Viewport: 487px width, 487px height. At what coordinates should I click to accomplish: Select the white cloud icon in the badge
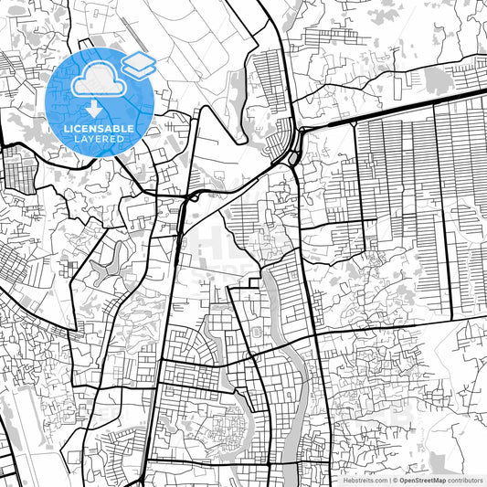(98, 82)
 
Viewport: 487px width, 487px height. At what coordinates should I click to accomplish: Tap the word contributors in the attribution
(466, 480)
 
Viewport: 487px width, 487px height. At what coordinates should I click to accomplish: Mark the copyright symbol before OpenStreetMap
(395, 480)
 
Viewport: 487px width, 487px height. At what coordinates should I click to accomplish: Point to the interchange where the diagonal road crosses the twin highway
(188, 196)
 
